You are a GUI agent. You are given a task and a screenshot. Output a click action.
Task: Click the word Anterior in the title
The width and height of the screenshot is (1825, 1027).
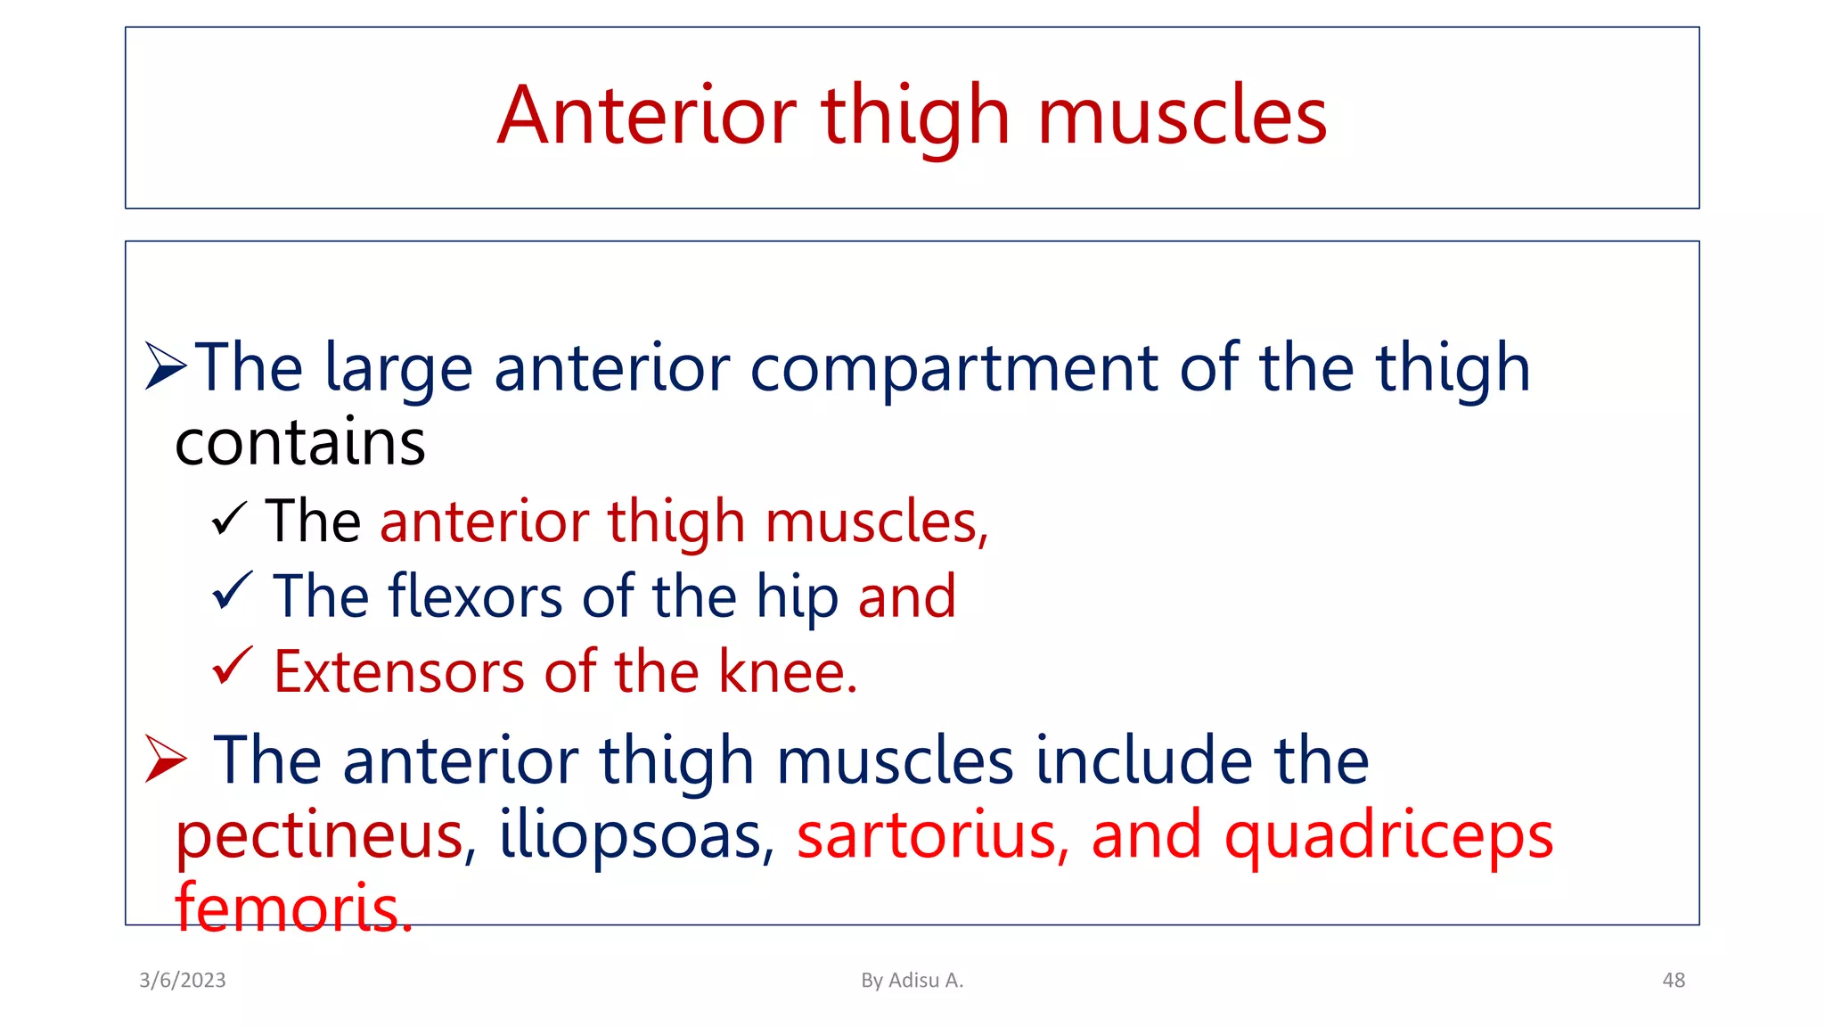click(646, 116)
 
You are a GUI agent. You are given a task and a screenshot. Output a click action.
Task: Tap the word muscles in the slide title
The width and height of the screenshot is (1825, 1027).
click(1182, 116)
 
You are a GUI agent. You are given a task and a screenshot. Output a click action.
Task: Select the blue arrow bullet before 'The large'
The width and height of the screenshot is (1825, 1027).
click(166, 366)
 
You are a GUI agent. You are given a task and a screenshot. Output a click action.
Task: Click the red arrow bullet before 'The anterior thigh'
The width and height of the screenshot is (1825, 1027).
click(166, 759)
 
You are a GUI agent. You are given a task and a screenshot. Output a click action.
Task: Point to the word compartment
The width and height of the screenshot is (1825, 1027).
click(954, 368)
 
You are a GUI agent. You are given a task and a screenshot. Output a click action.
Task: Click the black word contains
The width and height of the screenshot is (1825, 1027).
click(300, 443)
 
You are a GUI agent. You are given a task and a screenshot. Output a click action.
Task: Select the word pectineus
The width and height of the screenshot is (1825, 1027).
click(319, 836)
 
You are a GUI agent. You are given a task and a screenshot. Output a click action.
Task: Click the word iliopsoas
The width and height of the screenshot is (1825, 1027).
click(629, 836)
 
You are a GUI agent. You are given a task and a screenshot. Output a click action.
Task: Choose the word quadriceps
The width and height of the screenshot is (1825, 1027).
click(1388, 836)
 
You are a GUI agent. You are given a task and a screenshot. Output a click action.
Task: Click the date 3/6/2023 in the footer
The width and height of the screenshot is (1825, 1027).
click(183, 980)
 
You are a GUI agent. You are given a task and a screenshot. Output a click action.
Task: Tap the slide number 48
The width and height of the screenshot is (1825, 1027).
click(1673, 980)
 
